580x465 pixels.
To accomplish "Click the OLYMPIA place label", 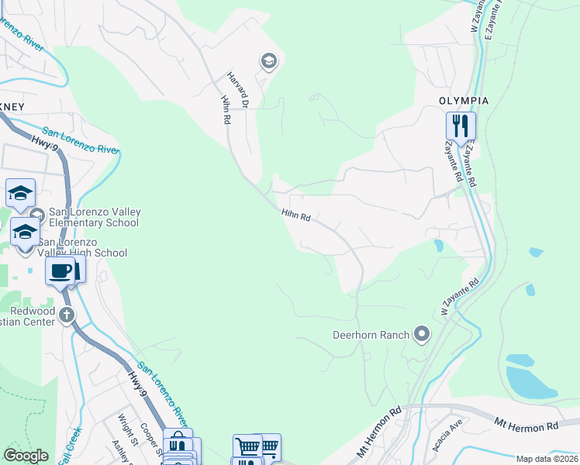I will (x=464, y=101).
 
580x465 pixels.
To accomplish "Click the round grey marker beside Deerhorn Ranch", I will (x=422, y=334).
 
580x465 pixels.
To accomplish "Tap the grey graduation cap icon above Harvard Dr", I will (x=268, y=61).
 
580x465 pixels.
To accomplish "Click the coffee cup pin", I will (x=60, y=271).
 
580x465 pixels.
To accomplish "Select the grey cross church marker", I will (x=67, y=315).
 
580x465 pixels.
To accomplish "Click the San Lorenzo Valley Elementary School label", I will (x=93, y=217).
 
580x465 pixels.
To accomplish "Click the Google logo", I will (x=26, y=456).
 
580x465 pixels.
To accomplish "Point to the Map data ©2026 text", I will (x=547, y=459).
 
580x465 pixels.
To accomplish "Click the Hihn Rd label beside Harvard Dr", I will (x=225, y=110).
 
